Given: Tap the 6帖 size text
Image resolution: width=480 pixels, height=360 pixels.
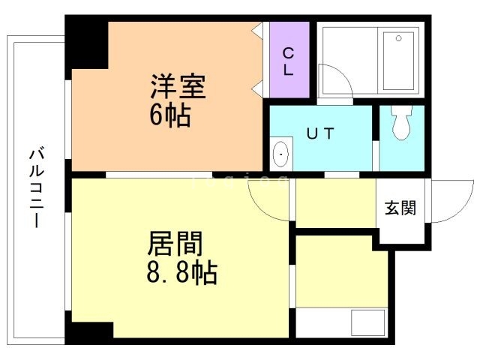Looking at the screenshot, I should [169, 115].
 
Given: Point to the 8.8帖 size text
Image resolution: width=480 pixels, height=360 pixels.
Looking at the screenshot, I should [181, 271].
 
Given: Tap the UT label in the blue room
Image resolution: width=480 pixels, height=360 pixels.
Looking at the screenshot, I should [320, 133].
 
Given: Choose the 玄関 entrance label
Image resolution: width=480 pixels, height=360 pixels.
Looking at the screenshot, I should [401, 208].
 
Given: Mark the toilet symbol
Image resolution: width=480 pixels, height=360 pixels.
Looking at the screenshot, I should [401, 123].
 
